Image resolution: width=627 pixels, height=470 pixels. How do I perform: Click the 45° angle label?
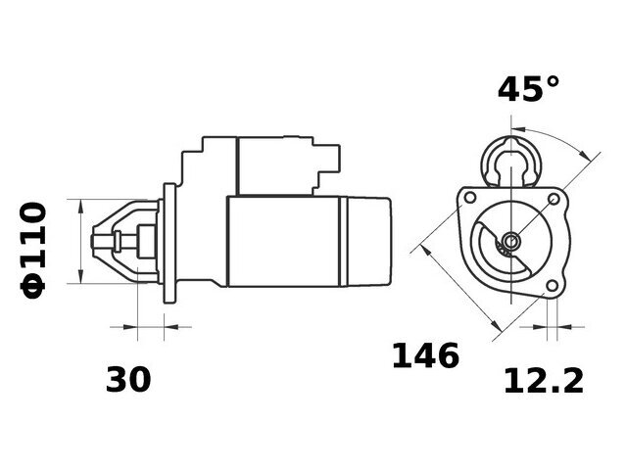pos(528,89)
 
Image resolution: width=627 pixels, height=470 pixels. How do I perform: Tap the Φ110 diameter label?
pos(33,251)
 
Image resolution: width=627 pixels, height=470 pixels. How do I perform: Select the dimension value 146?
pos(425,355)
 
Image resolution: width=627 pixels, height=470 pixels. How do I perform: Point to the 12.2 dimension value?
pos(544,381)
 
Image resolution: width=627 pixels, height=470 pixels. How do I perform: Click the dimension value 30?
pos(128,379)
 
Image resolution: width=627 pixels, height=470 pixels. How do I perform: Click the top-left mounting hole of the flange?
pos(470,198)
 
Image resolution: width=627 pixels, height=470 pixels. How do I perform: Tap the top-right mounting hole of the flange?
pos(554,199)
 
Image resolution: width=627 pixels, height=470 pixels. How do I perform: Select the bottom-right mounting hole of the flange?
pos(552,286)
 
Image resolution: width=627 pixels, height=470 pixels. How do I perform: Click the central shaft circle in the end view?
pos(511,241)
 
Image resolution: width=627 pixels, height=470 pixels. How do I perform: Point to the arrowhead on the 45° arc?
pos(584,155)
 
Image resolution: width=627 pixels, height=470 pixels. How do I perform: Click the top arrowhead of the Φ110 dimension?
pos(80,207)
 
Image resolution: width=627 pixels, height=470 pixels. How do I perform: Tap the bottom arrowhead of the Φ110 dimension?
pos(80,276)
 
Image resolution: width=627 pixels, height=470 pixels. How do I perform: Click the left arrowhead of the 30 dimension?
pos(130,327)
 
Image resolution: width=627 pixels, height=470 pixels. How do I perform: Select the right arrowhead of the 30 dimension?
pos(171,327)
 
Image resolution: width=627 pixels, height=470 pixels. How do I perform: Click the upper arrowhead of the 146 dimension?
pos(427,251)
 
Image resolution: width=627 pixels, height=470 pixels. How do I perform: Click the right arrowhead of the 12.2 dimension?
pos(564,327)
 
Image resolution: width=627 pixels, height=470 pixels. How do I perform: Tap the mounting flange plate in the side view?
pos(169,243)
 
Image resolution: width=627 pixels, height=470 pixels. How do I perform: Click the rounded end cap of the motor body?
pos(368,242)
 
